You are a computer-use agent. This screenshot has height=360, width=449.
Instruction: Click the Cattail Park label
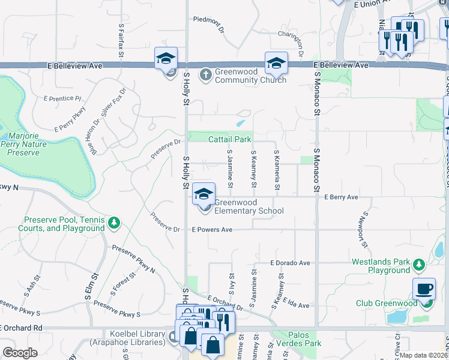[x=229, y=139]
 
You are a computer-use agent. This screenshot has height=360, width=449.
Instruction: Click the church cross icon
[x=205, y=75]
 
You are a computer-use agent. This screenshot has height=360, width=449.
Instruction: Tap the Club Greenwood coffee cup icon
[x=424, y=289]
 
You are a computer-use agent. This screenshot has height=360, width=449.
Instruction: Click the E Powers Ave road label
[x=212, y=230]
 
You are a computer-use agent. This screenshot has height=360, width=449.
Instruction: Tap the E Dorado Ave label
[x=290, y=263]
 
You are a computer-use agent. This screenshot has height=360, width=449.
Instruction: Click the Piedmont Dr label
[x=208, y=19]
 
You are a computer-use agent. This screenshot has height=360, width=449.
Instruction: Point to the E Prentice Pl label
[x=62, y=98]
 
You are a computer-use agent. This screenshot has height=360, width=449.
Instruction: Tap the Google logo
[x=19, y=353]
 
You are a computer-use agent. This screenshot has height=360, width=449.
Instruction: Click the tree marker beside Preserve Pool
[x=114, y=224]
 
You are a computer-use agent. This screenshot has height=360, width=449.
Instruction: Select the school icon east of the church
[x=276, y=63]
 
